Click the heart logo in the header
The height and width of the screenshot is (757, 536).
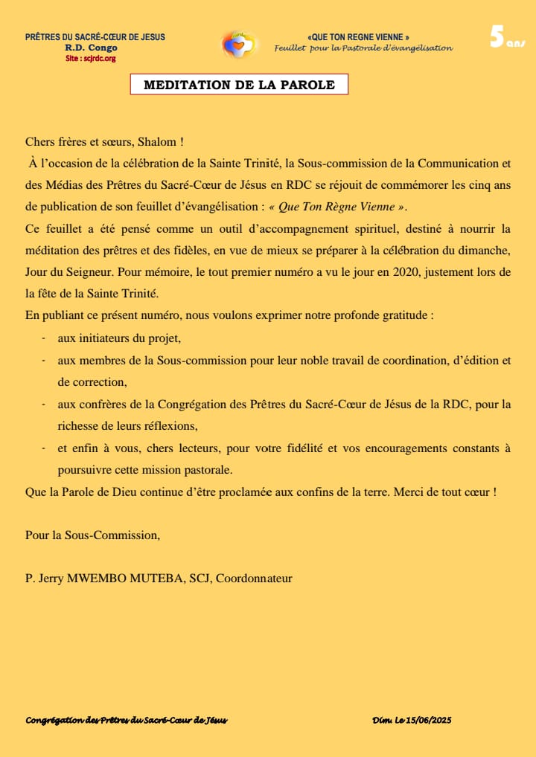(x=239, y=45)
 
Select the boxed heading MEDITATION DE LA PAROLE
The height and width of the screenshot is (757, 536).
(x=239, y=85)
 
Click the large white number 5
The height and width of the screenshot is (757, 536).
(x=497, y=37)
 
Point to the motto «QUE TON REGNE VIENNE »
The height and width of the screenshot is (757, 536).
(x=358, y=37)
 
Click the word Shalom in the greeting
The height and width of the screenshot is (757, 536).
(x=158, y=141)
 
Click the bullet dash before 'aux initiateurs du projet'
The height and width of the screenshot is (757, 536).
(x=45, y=338)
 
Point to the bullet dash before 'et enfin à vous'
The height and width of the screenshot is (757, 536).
(x=45, y=448)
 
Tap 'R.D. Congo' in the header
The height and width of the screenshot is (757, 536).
(x=91, y=48)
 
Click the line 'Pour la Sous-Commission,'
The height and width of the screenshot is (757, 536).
(x=92, y=535)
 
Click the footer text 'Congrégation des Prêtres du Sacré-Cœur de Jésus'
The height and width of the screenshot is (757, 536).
(x=127, y=720)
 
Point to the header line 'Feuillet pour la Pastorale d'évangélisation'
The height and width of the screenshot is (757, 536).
(x=363, y=48)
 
